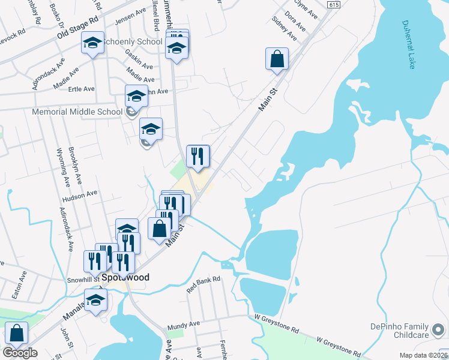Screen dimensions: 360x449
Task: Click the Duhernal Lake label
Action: coord(408,45)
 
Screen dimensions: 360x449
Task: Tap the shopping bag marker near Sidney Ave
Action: coord(277,59)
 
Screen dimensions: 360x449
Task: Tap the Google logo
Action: coord(20,353)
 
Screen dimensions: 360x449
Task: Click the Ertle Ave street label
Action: coord(81,89)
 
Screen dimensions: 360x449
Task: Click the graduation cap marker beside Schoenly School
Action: coord(92,43)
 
